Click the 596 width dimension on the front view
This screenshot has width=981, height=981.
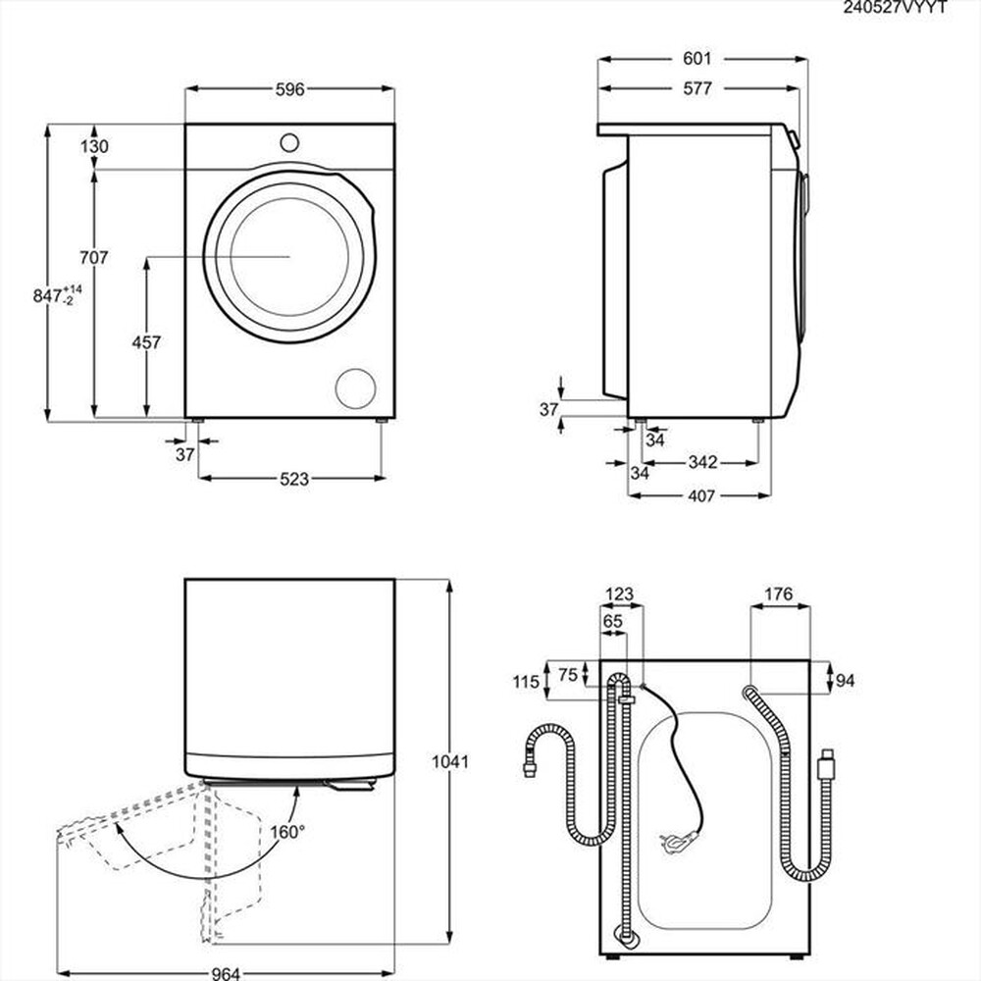point(290,89)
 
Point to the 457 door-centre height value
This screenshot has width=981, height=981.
point(146,342)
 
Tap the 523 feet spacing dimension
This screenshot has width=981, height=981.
point(293,479)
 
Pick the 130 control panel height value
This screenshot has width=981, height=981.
point(95,146)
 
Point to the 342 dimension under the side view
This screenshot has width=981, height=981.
point(701,462)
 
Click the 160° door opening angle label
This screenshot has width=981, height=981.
point(289,831)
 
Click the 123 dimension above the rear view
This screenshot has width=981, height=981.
point(620,594)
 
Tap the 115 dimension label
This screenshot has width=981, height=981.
point(526,682)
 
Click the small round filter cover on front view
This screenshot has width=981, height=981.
point(354,387)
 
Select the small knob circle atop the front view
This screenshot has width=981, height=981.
point(289,141)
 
